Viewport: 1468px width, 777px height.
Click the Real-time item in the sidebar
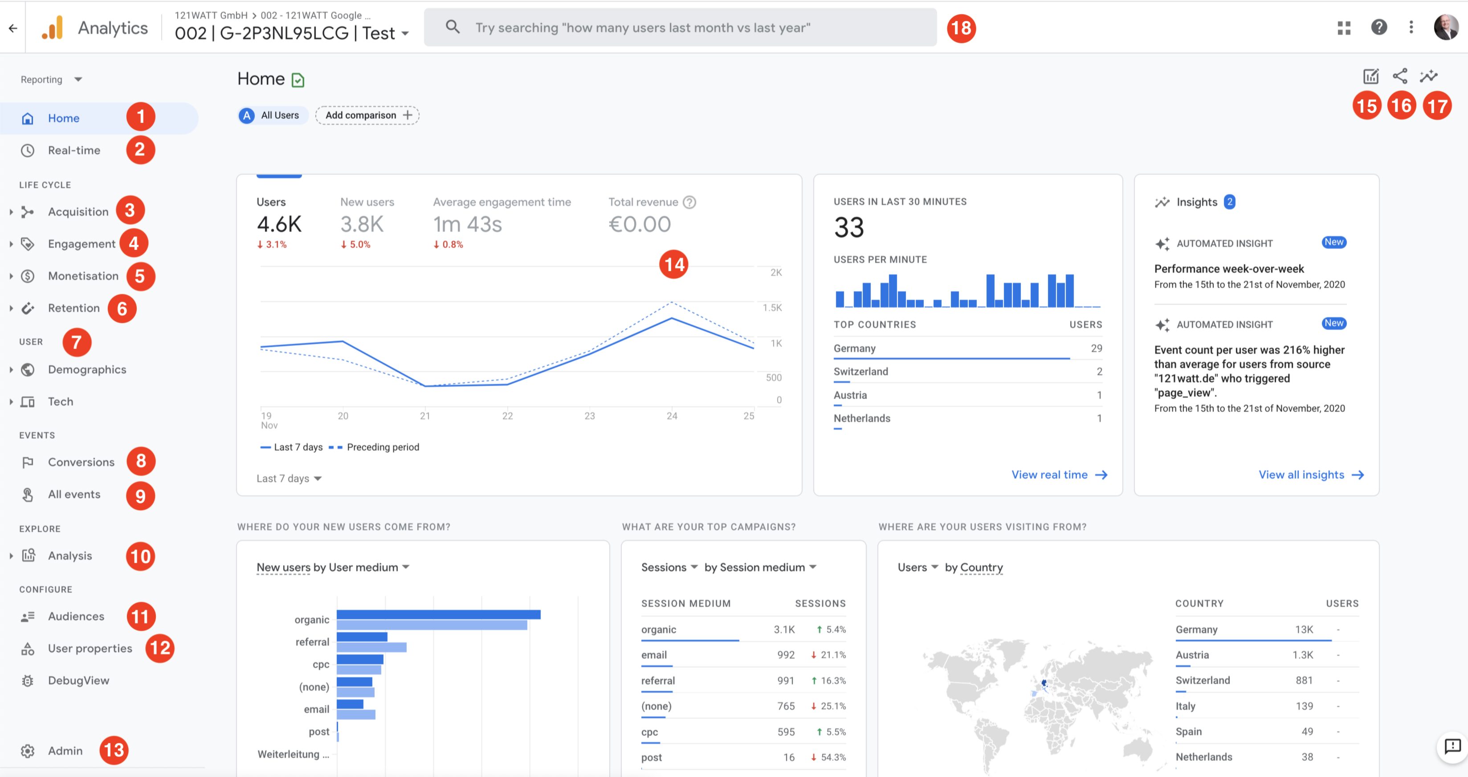point(73,151)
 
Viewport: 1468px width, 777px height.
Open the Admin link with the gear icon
point(65,751)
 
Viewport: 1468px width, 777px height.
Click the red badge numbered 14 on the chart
point(673,265)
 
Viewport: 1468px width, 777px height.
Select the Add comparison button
point(367,115)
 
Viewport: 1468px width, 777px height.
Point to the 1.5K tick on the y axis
point(772,308)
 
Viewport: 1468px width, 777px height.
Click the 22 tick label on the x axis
point(507,416)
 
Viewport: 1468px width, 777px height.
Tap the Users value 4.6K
point(279,225)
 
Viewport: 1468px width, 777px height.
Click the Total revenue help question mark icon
point(689,202)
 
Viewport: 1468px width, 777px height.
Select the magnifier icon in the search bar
point(453,27)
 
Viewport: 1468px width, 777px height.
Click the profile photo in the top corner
point(1445,27)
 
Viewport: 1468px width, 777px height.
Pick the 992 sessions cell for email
point(785,655)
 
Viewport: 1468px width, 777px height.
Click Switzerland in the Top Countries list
point(860,372)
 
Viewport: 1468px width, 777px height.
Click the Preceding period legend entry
point(383,447)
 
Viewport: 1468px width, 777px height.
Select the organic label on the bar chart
point(312,620)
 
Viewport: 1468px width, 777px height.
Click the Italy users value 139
point(1304,706)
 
